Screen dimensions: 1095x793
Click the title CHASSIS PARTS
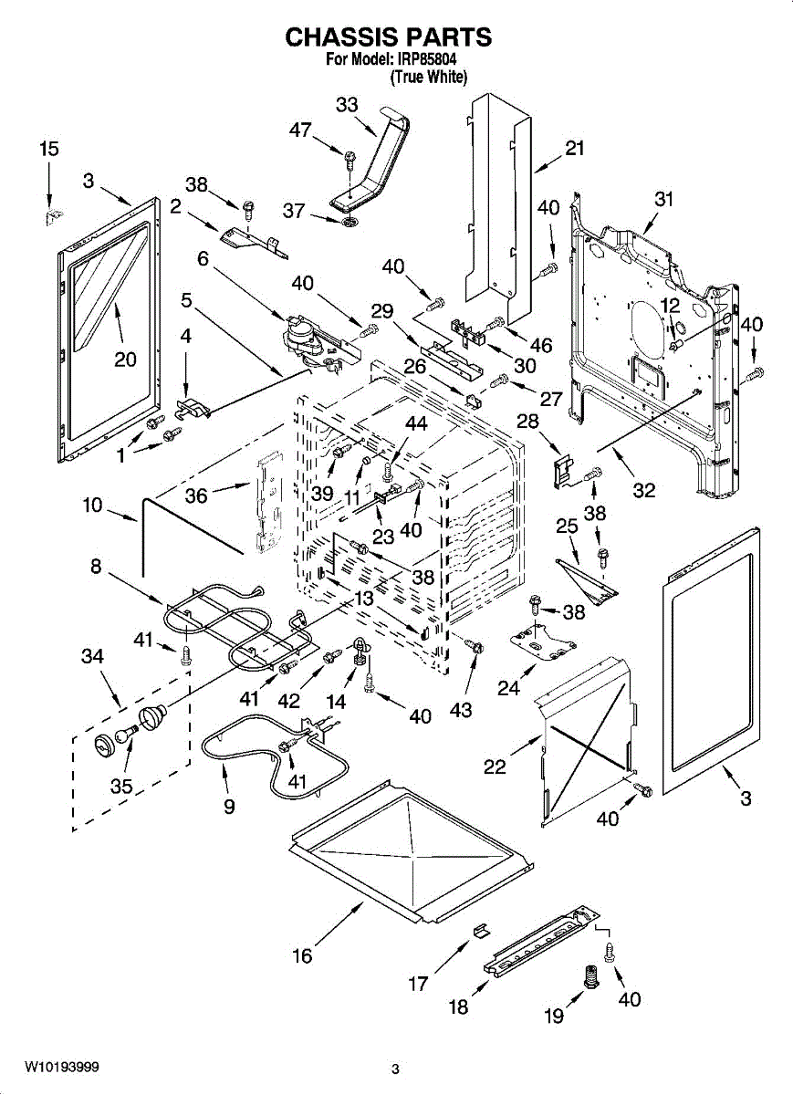pyautogui.click(x=389, y=37)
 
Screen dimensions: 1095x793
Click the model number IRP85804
pyautogui.click(x=425, y=60)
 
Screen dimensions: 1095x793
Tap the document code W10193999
pyautogui.click(x=62, y=1067)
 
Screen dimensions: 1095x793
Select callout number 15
pyautogui.click(x=48, y=150)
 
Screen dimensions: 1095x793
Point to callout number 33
pyautogui.click(x=347, y=105)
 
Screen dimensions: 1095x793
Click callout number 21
pyautogui.click(x=574, y=149)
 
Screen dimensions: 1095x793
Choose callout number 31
pyautogui.click(x=663, y=199)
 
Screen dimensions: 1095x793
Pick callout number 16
pyautogui.click(x=302, y=956)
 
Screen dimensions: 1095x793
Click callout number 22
pyautogui.click(x=495, y=767)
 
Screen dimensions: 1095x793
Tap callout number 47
pyautogui.click(x=300, y=130)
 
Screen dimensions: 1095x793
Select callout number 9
pyautogui.click(x=228, y=807)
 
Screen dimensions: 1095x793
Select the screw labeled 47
pyautogui.click(x=350, y=161)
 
